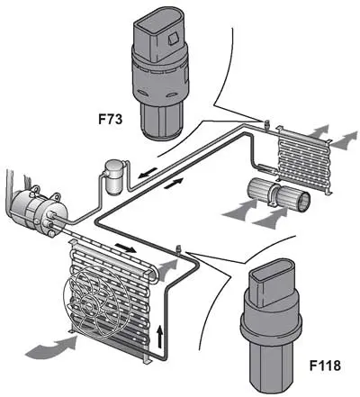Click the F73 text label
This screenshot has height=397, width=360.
(111, 119)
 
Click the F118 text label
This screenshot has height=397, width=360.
(325, 365)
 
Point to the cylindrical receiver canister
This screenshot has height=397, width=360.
(114, 177)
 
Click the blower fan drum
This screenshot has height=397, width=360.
(278, 194)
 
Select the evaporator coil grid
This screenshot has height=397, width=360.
(304, 159)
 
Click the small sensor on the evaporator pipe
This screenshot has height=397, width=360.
(265, 124)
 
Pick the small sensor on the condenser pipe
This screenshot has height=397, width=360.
(178, 249)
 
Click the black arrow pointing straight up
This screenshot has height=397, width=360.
(160, 337)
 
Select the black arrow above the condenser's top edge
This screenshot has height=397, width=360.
(126, 248)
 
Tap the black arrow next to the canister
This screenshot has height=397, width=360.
(148, 173)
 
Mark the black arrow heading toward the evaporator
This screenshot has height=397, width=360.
(174, 183)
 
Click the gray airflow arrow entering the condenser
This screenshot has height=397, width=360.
(51, 348)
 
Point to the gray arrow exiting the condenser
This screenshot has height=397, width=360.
(167, 269)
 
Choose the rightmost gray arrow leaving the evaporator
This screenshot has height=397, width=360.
(345, 140)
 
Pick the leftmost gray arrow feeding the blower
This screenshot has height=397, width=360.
(241, 210)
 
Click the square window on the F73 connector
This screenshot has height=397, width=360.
(174, 39)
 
